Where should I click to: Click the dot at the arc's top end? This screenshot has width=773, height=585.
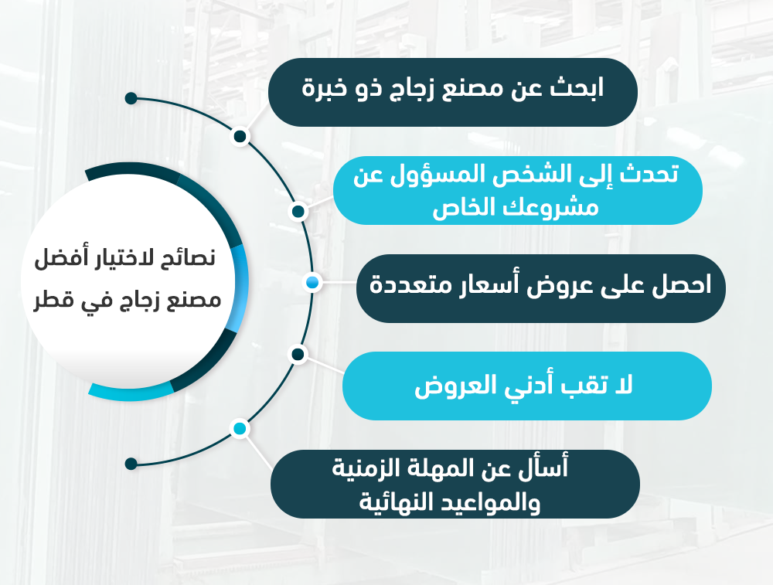(131, 98)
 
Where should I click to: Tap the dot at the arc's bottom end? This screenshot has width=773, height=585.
(131, 464)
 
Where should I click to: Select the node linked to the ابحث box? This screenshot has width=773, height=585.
(240, 137)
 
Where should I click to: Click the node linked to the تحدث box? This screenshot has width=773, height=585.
(298, 212)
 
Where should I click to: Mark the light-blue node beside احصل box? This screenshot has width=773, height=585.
(312, 282)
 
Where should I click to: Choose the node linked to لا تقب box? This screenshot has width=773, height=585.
(298, 354)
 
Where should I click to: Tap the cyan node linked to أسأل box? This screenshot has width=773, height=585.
(240, 429)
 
